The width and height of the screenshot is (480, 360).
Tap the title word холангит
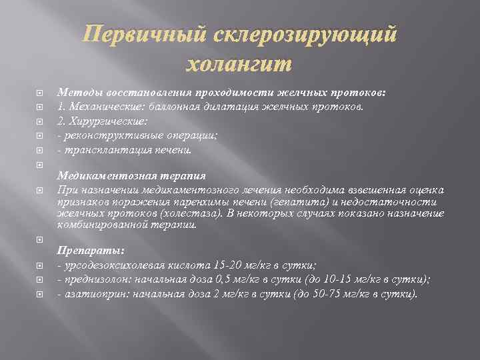tap(237, 65)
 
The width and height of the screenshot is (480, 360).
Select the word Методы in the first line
tap(77, 92)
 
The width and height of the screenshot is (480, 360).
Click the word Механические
tap(107, 106)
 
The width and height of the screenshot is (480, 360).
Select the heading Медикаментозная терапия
tap(131, 177)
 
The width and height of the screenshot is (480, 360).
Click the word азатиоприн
tap(89, 294)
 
